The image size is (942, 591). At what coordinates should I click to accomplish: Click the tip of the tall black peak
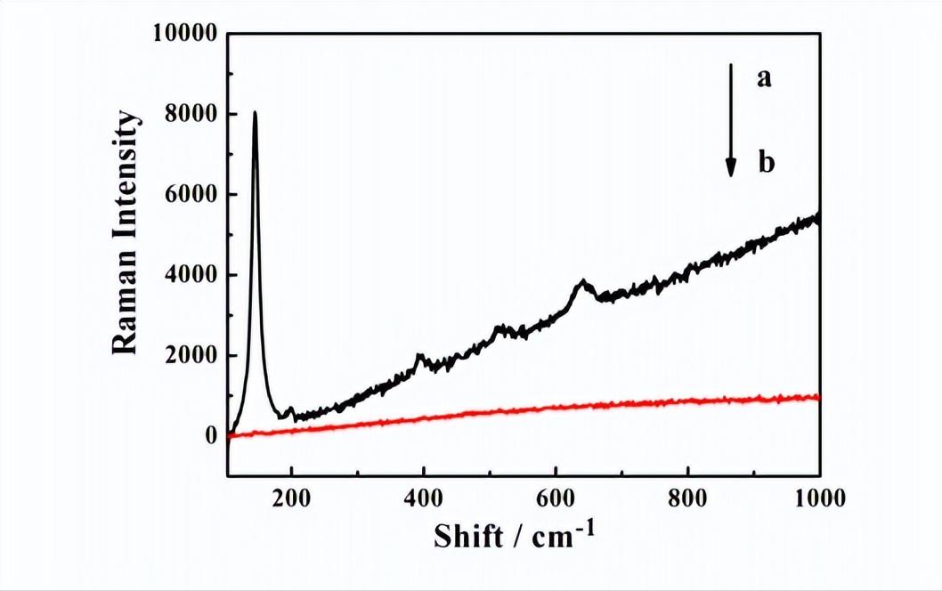click(x=256, y=113)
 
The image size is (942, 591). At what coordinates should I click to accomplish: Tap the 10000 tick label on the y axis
click(x=186, y=35)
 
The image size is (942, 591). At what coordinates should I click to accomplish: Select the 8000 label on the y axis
click(x=192, y=115)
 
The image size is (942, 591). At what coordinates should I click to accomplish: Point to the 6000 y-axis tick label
click(x=192, y=195)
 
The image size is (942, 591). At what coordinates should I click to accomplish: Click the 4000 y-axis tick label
click(x=192, y=275)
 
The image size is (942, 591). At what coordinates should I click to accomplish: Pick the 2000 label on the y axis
click(x=192, y=356)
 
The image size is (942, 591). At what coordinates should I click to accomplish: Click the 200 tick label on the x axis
click(x=291, y=498)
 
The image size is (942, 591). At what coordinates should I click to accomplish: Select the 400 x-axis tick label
click(x=423, y=498)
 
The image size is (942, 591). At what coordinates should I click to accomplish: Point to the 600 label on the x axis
click(x=556, y=498)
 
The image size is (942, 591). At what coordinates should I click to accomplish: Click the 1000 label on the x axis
click(x=817, y=498)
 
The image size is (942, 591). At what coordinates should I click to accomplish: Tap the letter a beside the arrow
click(x=763, y=79)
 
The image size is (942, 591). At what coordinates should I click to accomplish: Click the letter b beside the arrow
click(x=765, y=163)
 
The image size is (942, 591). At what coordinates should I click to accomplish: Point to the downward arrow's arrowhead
click(x=731, y=166)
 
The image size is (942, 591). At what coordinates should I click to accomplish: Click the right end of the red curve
click(x=817, y=397)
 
